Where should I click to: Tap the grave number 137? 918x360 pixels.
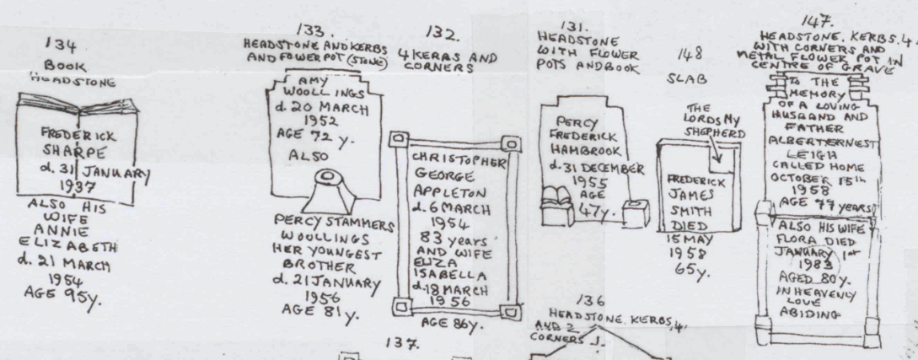[x=397, y=344]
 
